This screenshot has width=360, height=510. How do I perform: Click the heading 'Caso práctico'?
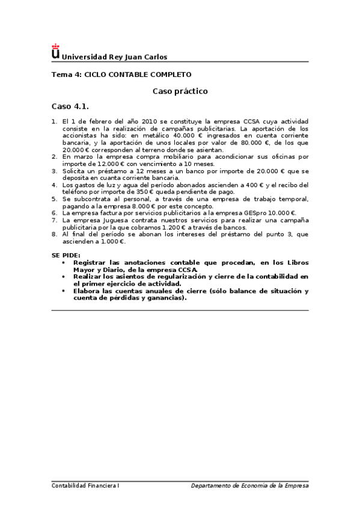coord(180,91)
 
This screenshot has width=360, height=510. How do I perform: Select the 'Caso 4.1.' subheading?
coord(70,106)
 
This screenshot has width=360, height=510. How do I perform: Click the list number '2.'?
coord(55,156)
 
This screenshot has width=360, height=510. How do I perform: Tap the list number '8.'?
coord(55,234)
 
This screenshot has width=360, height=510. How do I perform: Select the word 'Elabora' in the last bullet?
coord(87,290)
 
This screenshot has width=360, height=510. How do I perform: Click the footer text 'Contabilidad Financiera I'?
coord(85,485)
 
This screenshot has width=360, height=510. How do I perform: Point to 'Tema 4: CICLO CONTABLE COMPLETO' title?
coord(121,75)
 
